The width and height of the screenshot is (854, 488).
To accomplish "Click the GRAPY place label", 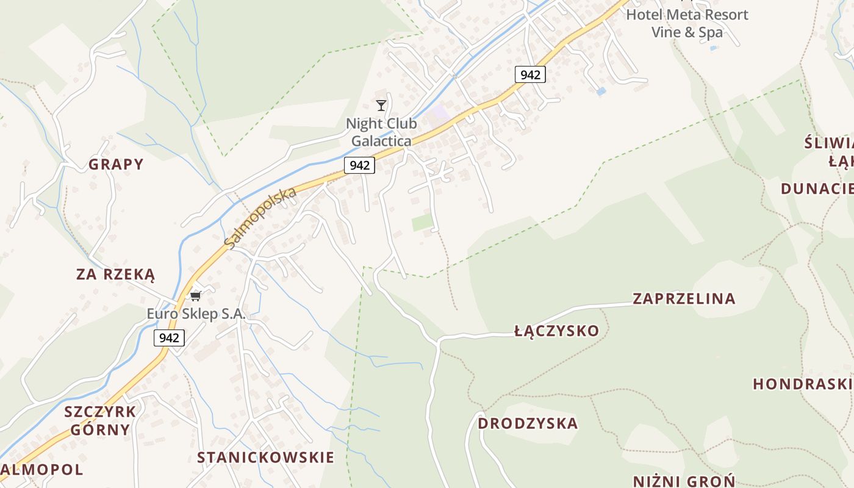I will tap(116, 164).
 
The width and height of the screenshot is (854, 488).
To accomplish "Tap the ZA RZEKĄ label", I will tap(115, 274).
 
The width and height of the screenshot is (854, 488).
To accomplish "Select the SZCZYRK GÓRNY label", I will tap(100, 420).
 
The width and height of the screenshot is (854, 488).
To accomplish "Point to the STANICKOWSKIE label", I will tap(265, 457).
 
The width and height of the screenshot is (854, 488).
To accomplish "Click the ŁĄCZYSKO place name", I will tap(556, 331).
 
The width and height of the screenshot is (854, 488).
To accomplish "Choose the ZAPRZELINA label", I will tap(684, 298).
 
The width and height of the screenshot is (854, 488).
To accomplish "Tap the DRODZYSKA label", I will tap(527, 423).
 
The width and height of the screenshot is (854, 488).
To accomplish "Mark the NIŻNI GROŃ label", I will tap(684, 481).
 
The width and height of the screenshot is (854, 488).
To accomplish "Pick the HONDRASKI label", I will tap(802, 384).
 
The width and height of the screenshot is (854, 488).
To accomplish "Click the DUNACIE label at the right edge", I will tap(817, 188).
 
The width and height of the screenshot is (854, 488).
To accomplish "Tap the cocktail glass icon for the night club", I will tap(381, 106).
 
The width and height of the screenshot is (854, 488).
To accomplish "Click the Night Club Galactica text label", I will tap(381, 132).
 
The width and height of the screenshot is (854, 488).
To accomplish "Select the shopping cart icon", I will tap(195, 296).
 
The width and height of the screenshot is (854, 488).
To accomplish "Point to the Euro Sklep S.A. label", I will tap(196, 314).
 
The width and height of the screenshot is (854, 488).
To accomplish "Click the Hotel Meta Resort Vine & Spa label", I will tap(687, 23).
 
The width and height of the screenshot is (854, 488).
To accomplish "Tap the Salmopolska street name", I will tap(260, 218).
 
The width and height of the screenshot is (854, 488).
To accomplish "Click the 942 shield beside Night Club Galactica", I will tap(359, 165).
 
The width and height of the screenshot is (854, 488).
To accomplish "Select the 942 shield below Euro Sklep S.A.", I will tap(169, 338).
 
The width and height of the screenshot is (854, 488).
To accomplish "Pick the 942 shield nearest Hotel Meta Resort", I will tap(530, 74).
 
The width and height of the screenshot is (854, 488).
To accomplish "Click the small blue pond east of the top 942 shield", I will tap(601, 91).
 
